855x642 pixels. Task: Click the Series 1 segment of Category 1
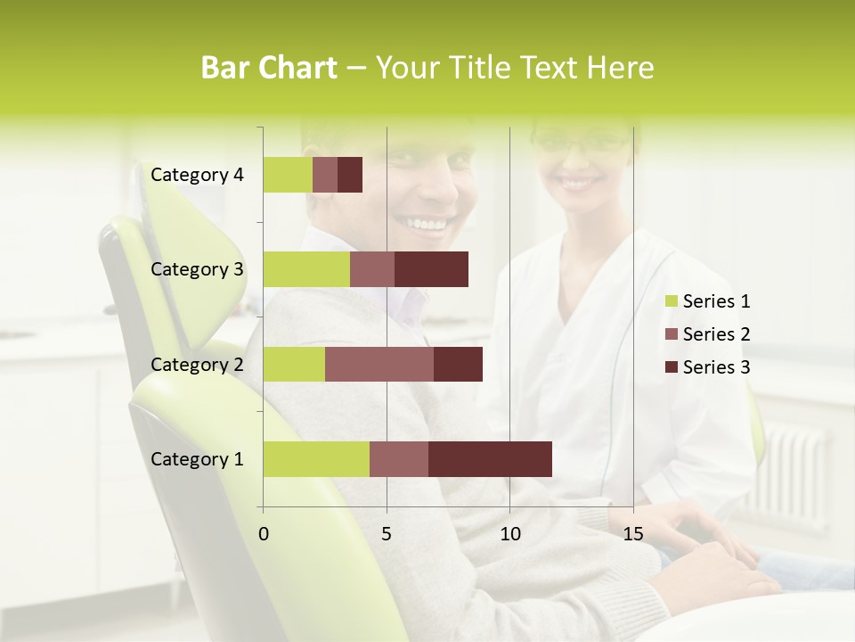(316, 459)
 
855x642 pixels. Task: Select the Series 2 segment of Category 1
(399, 459)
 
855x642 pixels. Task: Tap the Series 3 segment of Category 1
(490, 459)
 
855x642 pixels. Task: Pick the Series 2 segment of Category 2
(379, 364)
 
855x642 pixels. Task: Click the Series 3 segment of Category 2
(458, 364)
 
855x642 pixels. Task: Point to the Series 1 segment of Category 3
(306, 269)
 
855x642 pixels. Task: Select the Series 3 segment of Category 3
(431, 269)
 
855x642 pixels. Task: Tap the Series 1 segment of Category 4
(288, 175)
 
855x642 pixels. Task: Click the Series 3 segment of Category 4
(350, 175)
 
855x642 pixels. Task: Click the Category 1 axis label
(197, 459)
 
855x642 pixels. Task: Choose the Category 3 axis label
(197, 269)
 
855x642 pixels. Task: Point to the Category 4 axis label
(197, 175)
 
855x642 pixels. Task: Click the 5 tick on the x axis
(387, 534)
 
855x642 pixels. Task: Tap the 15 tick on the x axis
(632, 534)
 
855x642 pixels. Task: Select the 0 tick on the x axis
(264, 534)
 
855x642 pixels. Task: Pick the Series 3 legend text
(716, 366)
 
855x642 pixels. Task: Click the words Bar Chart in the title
(269, 68)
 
